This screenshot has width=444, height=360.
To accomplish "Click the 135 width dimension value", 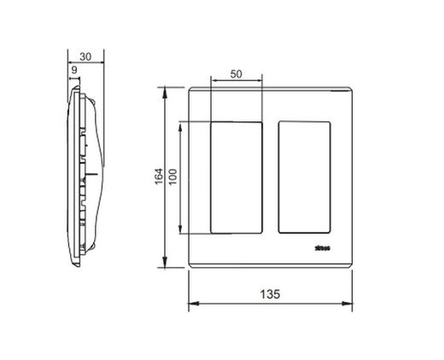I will coord(269,293).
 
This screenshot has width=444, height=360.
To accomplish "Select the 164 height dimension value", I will coord(156,177).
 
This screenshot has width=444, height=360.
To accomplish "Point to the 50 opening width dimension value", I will coord(237,74).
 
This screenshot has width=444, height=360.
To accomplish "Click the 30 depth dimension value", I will coord(85,50).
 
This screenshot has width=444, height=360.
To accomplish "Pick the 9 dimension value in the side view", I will coord(75,69).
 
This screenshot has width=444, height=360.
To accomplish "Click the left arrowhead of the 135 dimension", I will coord(190,304).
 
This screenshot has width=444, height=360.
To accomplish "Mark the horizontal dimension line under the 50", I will coord(237,83).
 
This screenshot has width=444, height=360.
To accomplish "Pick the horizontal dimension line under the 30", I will coord(85,60).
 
